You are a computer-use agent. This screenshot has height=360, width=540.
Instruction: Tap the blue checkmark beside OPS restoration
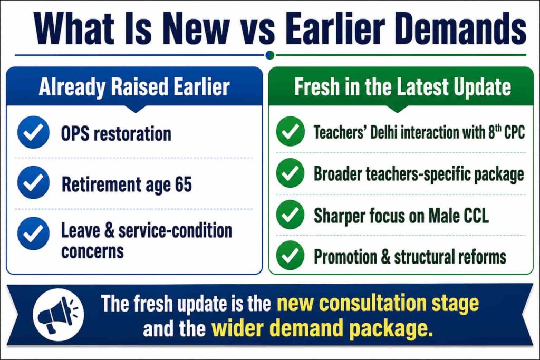tap(33, 132)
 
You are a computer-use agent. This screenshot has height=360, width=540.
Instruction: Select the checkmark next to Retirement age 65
tap(33, 182)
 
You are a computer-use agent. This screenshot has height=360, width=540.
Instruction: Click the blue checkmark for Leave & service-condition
tap(33, 233)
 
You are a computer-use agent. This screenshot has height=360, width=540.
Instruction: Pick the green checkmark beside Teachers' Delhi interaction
tap(291, 131)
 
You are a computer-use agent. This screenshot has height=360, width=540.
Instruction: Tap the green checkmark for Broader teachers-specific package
tap(291, 173)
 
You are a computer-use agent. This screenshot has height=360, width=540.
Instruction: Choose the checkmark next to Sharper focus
tap(291, 215)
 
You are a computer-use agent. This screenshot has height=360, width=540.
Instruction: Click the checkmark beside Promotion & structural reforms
tap(291, 255)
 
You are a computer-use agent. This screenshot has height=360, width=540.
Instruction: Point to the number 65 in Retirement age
tap(183, 184)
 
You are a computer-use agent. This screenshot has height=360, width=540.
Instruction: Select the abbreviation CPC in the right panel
tap(515, 132)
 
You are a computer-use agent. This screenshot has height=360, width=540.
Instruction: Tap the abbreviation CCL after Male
tap(476, 216)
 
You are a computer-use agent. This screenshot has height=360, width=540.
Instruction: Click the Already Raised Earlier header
tap(134, 87)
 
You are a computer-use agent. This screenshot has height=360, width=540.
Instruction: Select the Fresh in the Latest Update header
tap(402, 86)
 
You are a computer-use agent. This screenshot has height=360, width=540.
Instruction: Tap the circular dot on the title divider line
tap(271, 55)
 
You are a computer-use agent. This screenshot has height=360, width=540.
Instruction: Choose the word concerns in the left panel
tap(92, 251)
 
